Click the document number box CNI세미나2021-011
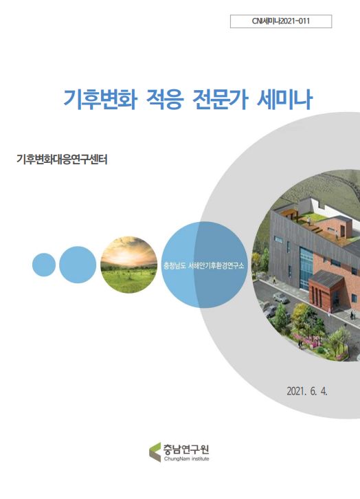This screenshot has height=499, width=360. (282, 22)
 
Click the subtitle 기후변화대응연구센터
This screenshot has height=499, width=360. (63, 159)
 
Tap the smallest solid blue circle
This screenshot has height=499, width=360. (44, 265)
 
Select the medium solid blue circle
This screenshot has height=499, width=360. (77, 265)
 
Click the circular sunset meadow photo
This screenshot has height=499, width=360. (129, 265)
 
